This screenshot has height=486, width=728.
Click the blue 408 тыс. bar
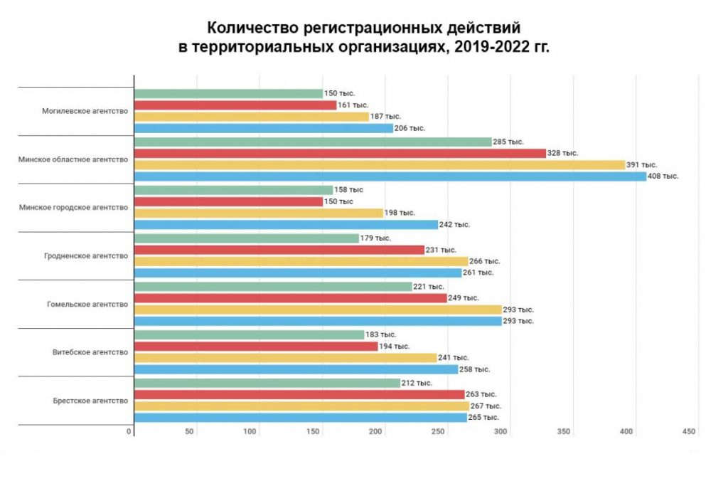coord(390,176)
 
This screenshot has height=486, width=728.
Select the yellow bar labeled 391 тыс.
coord(379,165)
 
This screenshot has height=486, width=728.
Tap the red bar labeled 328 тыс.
coord(340,153)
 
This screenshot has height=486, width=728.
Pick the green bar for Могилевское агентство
coord(227,93)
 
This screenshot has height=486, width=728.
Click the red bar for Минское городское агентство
coord(227,201)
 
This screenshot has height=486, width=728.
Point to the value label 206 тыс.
coord(409,128)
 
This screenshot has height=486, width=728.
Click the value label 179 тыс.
coord(375,238)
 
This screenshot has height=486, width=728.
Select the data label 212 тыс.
coord(417,383)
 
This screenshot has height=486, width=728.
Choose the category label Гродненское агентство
coord(85,255)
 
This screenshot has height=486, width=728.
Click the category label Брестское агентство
coord(90,401)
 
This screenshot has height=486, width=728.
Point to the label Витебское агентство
coord(90,352)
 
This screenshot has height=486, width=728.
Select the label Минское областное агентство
coord(73,159)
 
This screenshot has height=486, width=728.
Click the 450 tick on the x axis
coord(688,432)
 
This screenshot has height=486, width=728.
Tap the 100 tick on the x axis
coord(250,432)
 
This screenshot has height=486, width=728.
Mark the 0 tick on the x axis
coord(130,432)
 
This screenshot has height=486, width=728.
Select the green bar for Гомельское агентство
coord(273,286)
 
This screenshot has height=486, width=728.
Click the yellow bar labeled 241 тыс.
coord(285,358)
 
